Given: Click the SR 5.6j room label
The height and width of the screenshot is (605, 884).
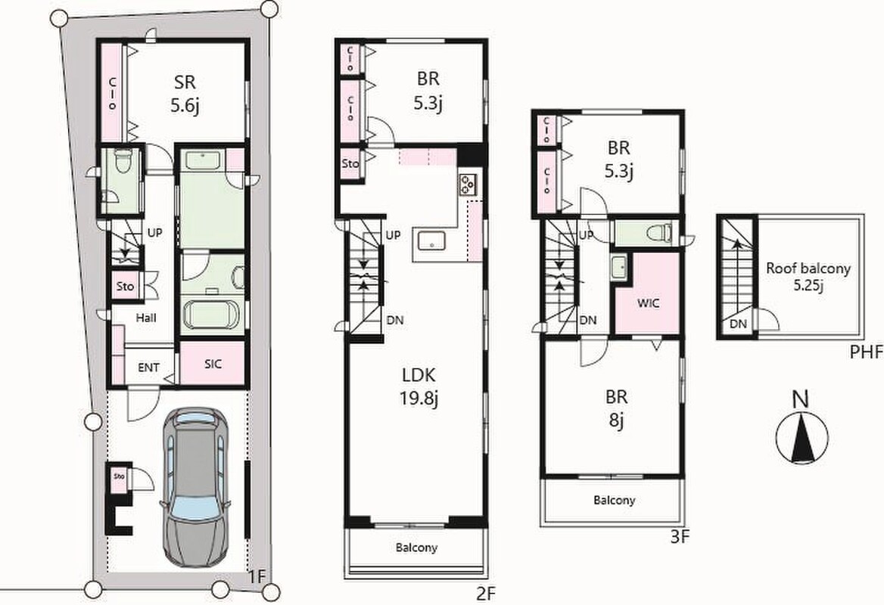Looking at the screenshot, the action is [x=185, y=94].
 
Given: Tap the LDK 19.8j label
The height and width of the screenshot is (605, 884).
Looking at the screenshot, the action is [x=419, y=386].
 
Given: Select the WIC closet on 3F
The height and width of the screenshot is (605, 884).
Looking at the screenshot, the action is [x=647, y=294].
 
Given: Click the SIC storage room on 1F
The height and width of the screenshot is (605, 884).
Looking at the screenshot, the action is [x=212, y=363].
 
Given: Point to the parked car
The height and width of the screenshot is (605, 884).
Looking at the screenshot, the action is [x=195, y=486].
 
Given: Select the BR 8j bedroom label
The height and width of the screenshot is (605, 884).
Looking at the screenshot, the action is [x=617, y=408].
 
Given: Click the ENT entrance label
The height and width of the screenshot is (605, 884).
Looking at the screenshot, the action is [x=148, y=368].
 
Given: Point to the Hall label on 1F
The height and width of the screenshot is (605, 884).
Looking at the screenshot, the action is [x=146, y=318].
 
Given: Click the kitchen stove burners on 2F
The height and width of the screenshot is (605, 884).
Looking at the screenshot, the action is [x=468, y=184].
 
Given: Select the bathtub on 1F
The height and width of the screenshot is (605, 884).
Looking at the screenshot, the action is [x=212, y=315].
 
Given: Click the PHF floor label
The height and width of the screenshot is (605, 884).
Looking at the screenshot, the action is [x=865, y=352].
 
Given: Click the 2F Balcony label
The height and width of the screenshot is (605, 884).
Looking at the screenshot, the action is [x=416, y=548].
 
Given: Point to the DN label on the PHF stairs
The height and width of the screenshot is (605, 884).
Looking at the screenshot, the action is [x=738, y=324].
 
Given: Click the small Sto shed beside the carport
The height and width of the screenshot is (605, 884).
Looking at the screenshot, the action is [x=120, y=476].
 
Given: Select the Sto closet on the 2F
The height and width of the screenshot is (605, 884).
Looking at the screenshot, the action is [x=350, y=163].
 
